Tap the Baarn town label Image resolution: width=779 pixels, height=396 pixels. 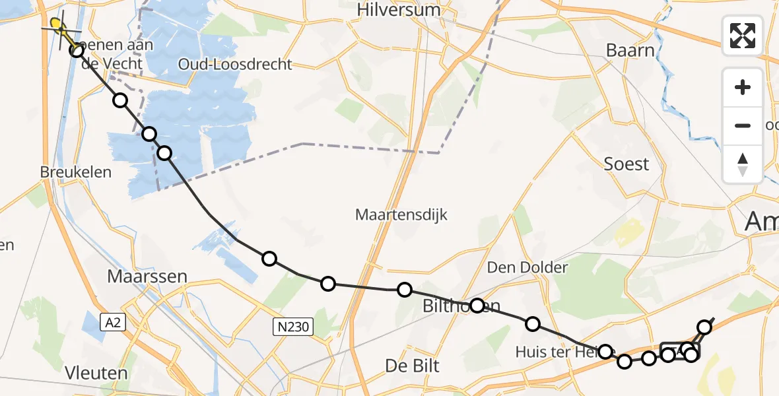click(630, 50)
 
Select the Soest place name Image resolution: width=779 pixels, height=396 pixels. click(627, 164)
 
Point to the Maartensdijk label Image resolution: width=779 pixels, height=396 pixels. click(401, 214)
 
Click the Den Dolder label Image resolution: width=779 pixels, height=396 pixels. click(527, 267)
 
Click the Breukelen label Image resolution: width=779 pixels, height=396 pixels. click(75, 172)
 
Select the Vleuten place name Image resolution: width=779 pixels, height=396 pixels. click(96, 373)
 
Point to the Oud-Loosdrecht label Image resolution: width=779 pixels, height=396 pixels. click(235, 65)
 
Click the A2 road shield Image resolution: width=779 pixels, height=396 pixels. click(111, 322)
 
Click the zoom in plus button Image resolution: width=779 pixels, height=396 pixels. click(743, 87)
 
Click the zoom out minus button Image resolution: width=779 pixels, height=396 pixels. click(743, 125)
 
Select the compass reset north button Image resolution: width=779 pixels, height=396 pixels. click(743, 164)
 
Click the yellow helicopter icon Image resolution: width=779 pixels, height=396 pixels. click(58, 27)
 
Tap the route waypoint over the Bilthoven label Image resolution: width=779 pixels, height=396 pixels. click(477, 306)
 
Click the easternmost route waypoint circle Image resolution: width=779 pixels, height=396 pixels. click(705, 327)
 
